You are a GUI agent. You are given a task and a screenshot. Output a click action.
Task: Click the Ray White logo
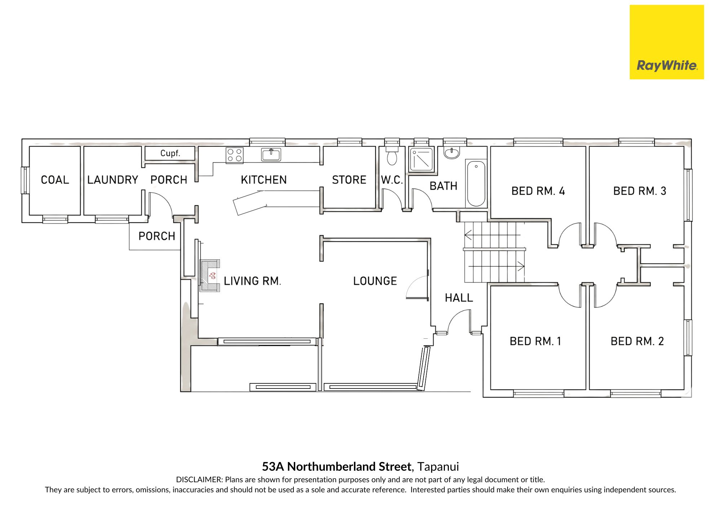click(667, 42)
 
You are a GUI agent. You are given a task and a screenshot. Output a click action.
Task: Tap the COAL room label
click(55, 180)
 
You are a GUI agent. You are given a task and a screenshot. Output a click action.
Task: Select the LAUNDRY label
click(113, 180)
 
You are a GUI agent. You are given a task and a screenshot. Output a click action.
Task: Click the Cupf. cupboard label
click(170, 153)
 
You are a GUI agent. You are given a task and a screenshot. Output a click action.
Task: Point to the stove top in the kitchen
click(235, 155)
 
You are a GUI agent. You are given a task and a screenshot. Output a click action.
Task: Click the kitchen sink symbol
click(271, 155)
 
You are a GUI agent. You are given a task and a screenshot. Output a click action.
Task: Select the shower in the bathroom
click(421, 159)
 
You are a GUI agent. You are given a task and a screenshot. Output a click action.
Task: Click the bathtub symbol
click(476, 184)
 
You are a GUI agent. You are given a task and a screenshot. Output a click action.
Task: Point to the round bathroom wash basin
click(452, 153)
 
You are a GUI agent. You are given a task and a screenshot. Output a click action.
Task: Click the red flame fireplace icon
click(212, 276)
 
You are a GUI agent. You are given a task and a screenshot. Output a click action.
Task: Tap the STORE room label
click(349, 180)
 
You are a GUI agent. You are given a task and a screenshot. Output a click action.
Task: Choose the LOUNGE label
click(375, 281)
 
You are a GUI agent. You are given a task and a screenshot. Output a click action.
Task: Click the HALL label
click(459, 298)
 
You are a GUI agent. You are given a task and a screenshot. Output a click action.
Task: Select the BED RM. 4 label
click(538, 191)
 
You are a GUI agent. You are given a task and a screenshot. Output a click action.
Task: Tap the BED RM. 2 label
click(637, 341)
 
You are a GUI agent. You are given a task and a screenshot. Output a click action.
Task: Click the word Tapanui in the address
click(438, 467)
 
